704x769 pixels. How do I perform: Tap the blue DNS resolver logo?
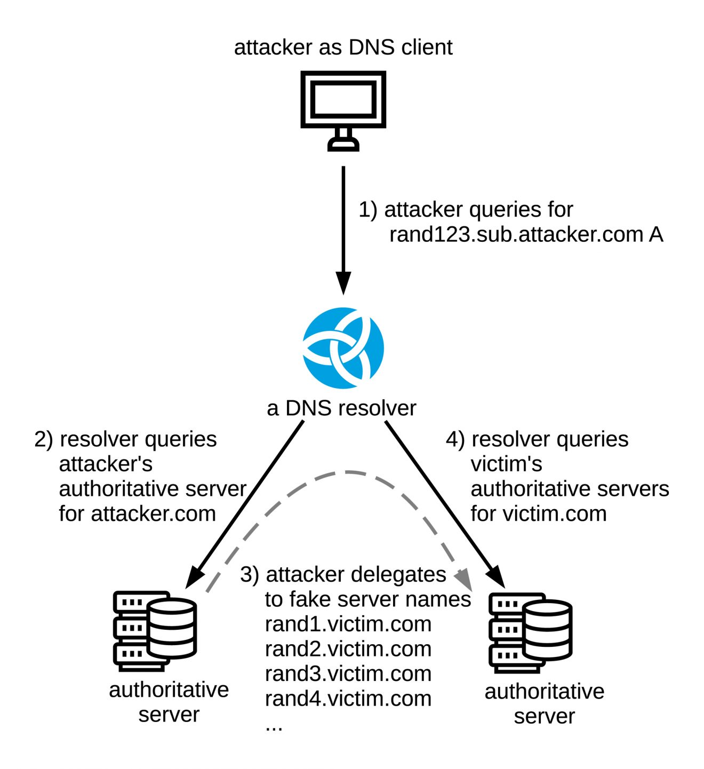click(343, 347)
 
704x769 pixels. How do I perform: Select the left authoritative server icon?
click(155, 630)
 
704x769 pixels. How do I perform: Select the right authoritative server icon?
click(530, 632)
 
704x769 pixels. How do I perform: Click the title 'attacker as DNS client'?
click(343, 47)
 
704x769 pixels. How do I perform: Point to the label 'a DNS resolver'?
click(341, 408)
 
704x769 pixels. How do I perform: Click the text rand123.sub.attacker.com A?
click(526, 234)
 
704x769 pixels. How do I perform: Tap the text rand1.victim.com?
click(348, 624)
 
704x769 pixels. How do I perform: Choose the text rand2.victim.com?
click(348, 649)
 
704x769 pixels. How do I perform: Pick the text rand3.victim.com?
click(348, 673)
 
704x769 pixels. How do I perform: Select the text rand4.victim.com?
click(348, 699)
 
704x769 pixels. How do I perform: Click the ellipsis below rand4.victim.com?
click(274, 726)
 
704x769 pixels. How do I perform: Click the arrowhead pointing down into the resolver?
click(343, 283)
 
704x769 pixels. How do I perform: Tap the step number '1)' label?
click(368, 209)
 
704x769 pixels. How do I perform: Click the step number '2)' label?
click(44, 439)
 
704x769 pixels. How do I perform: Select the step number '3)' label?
click(250, 575)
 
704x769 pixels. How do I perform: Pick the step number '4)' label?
click(455, 439)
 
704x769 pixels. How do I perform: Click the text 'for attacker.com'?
click(137, 514)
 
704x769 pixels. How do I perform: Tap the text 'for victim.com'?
click(539, 514)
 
